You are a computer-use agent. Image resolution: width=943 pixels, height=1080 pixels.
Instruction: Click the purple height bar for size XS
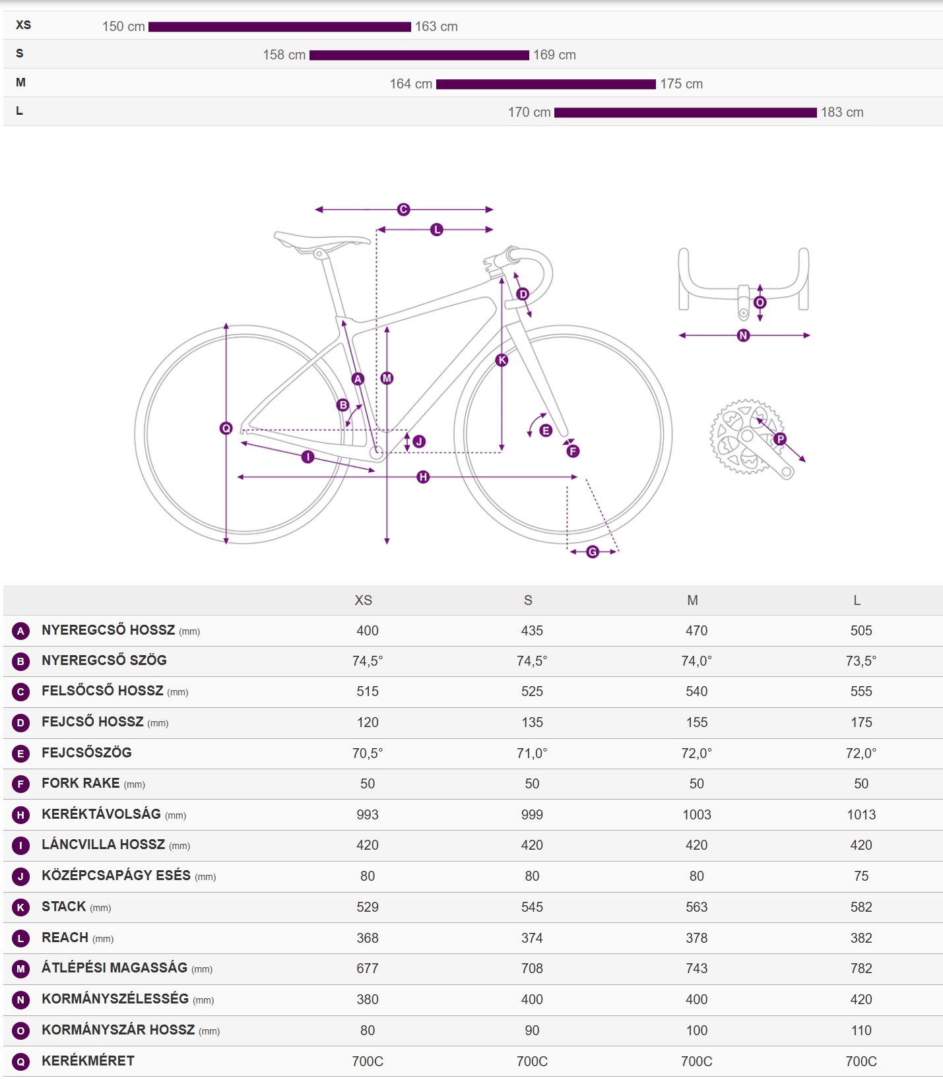279,27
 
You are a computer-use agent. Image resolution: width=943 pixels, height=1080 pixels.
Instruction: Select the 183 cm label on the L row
841,113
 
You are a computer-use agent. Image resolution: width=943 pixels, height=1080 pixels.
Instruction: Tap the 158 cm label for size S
284,55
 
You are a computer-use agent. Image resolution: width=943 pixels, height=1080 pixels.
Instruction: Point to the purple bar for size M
546,84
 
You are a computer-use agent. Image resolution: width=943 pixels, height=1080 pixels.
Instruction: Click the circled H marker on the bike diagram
423,477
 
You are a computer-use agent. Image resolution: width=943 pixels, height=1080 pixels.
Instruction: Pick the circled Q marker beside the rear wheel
226,428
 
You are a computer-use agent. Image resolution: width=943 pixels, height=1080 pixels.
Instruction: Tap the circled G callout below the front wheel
593,552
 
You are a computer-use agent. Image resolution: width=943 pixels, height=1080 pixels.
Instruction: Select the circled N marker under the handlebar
743,335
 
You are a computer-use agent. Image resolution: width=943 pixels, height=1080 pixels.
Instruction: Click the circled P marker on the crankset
780,439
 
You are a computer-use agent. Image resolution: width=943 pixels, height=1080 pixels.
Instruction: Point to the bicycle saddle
321,240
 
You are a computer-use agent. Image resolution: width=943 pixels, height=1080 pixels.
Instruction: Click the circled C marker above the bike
403,210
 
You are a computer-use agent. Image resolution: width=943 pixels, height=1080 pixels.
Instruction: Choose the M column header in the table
692,600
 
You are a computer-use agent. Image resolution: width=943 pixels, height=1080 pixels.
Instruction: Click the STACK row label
64,907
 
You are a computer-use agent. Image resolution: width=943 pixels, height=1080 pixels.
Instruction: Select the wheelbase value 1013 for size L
861,815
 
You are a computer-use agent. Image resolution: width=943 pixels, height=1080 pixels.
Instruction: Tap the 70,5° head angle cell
367,753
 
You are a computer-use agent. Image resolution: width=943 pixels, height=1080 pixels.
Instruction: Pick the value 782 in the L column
861,969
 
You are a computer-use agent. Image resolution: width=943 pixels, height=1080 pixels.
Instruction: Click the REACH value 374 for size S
532,938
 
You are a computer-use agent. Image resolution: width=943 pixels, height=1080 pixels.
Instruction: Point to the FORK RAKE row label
81,784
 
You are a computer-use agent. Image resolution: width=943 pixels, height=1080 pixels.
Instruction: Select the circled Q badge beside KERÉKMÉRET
20,1062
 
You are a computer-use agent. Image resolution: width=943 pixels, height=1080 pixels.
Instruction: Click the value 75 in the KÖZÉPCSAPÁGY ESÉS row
861,876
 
